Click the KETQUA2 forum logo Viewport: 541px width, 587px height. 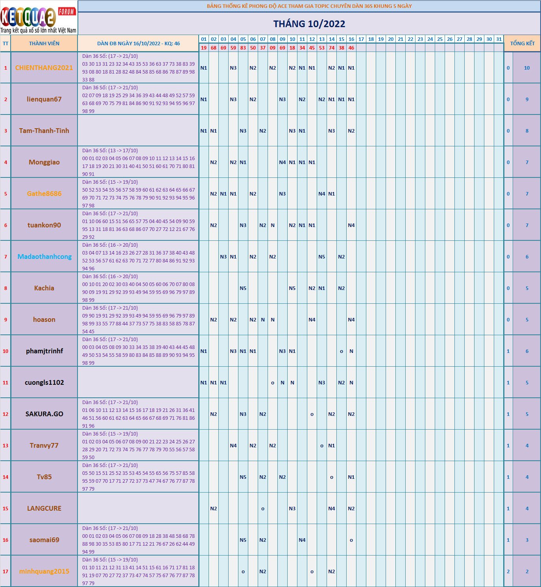[x=39, y=18]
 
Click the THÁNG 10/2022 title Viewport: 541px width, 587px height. [x=309, y=24]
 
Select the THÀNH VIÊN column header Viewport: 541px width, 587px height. [x=44, y=43]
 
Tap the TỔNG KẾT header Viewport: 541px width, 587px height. [x=522, y=43]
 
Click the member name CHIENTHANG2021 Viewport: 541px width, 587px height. [x=44, y=68]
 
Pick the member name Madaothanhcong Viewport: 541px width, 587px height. [x=44, y=257]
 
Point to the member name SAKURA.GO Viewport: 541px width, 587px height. [x=44, y=414]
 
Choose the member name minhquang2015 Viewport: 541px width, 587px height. [x=44, y=571]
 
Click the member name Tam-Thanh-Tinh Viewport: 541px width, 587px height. [x=44, y=131]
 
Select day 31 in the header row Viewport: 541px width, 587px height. [x=499, y=39]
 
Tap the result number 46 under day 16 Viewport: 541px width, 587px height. [x=351, y=48]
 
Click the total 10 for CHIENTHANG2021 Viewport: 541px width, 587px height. [x=527, y=68]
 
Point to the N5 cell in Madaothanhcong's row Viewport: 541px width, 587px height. [x=322, y=257]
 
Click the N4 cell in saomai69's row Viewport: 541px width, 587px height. [x=302, y=540]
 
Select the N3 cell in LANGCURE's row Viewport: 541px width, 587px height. [x=292, y=508]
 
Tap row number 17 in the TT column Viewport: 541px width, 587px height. [x=6, y=571]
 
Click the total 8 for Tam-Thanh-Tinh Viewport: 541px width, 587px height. [x=527, y=131]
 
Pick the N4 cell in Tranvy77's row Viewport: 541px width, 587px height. [x=233, y=445]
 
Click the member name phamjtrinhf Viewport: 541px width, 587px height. [x=44, y=351]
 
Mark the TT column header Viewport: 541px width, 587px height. [x=6, y=43]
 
